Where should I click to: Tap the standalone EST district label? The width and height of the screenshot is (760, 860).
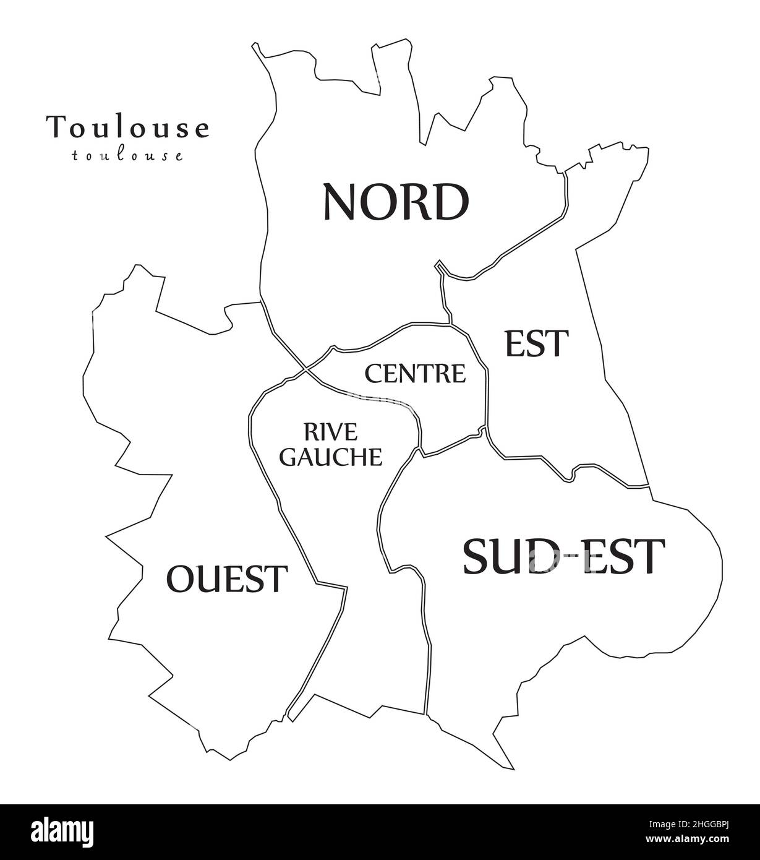point(536,343)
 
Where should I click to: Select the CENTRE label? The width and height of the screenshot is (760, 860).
point(415,373)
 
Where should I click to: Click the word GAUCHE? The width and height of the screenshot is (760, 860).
point(331,457)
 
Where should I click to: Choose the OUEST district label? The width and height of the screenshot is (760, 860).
point(227,579)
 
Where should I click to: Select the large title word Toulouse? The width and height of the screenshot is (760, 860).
point(127,127)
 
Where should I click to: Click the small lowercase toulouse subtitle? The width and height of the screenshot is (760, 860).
point(127,155)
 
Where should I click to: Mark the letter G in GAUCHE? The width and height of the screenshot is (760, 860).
point(289,457)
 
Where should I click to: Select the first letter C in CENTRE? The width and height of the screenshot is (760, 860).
point(373,373)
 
